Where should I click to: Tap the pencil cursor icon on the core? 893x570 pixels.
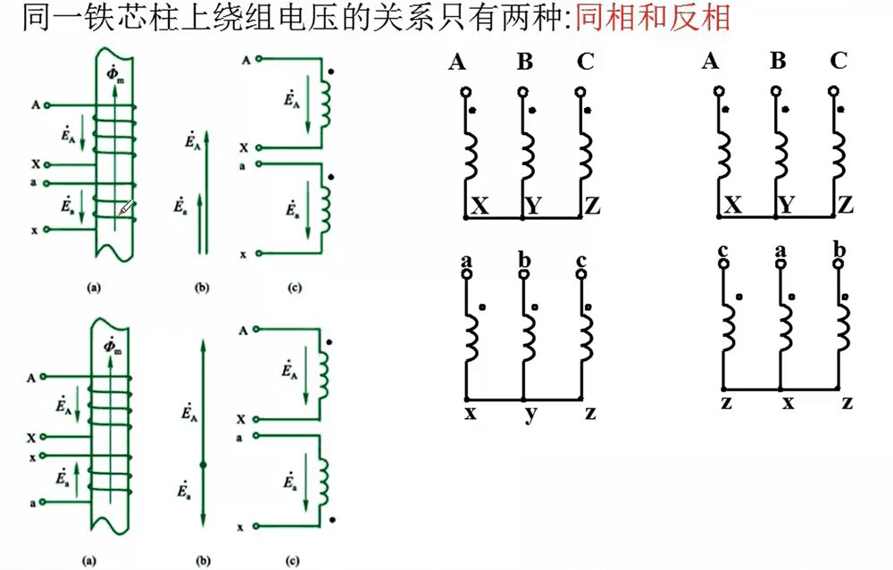coord(127,209)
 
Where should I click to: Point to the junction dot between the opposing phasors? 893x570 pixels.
coord(204,465)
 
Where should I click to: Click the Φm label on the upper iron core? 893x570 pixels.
coord(114,73)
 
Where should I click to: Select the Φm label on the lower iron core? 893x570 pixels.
coord(113,347)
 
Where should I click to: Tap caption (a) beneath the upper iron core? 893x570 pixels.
coord(92,288)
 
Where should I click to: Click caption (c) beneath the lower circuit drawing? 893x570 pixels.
coord(294,561)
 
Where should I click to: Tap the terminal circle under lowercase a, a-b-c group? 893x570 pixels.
coord(465,274)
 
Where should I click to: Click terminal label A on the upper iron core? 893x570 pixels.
coord(35,105)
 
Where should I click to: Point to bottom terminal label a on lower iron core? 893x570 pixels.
coord(34,503)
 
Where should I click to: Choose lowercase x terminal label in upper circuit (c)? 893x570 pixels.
coord(244,254)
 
